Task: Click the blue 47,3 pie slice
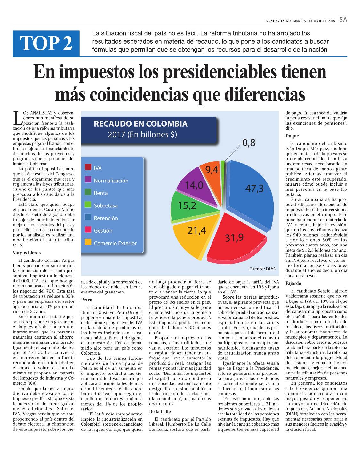[x=251, y=195]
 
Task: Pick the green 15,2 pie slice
[x=191, y=207]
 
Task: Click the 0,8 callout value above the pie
[x=249, y=143]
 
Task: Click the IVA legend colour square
[x=88, y=167]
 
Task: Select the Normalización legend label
[x=111, y=181]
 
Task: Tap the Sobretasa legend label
[x=106, y=206]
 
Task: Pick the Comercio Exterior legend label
[x=115, y=243]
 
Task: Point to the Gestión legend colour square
[x=88, y=229]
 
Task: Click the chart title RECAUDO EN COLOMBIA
[x=140, y=124]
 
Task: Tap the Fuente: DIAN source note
[x=263, y=269]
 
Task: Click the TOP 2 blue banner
[x=46, y=44]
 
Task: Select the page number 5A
[x=343, y=20]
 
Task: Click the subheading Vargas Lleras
[x=27, y=253]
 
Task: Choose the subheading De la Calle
[x=160, y=411]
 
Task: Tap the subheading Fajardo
[x=293, y=283]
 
